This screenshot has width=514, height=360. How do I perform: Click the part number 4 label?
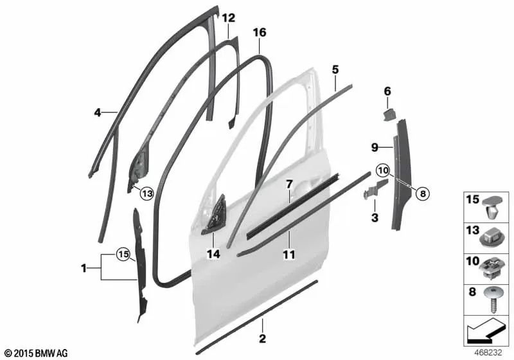click(97, 112)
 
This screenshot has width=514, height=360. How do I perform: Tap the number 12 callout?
click(229, 18)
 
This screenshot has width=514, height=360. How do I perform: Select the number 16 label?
click(260, 32)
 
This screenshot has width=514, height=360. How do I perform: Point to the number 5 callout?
click(335, 69)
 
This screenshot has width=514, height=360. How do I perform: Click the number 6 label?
click(387, 92)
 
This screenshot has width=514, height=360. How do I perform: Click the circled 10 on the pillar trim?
click(384, 171)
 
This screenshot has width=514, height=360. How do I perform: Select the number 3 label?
click(375, 219)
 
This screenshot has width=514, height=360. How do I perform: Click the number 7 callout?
click(289, 184)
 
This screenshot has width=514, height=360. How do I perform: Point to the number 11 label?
click(289, 255)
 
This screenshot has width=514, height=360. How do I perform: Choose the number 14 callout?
click(213, 255)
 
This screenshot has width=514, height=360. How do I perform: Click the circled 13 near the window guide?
click(146, 193)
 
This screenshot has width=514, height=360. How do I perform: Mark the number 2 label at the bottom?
click(261, 338)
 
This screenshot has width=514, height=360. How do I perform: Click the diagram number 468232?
click(488, 353)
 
